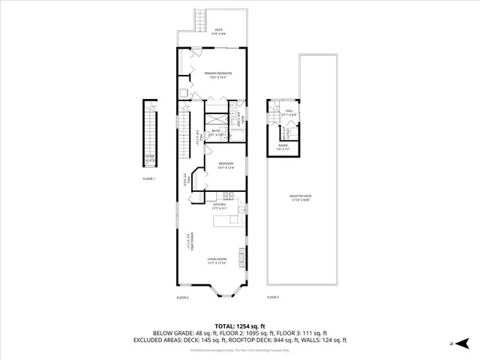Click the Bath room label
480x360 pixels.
click(x=215, y=132)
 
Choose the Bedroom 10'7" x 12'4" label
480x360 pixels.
click(x=226, y=166)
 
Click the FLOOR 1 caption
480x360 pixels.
click(x=148, y=178)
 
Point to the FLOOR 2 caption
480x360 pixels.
click(x=182, y=298)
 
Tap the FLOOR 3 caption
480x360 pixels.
click(x=272, y=298)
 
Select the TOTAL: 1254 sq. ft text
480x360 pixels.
click(x=239, y=325)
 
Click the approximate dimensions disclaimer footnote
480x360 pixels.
click(x=239, y=350)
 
